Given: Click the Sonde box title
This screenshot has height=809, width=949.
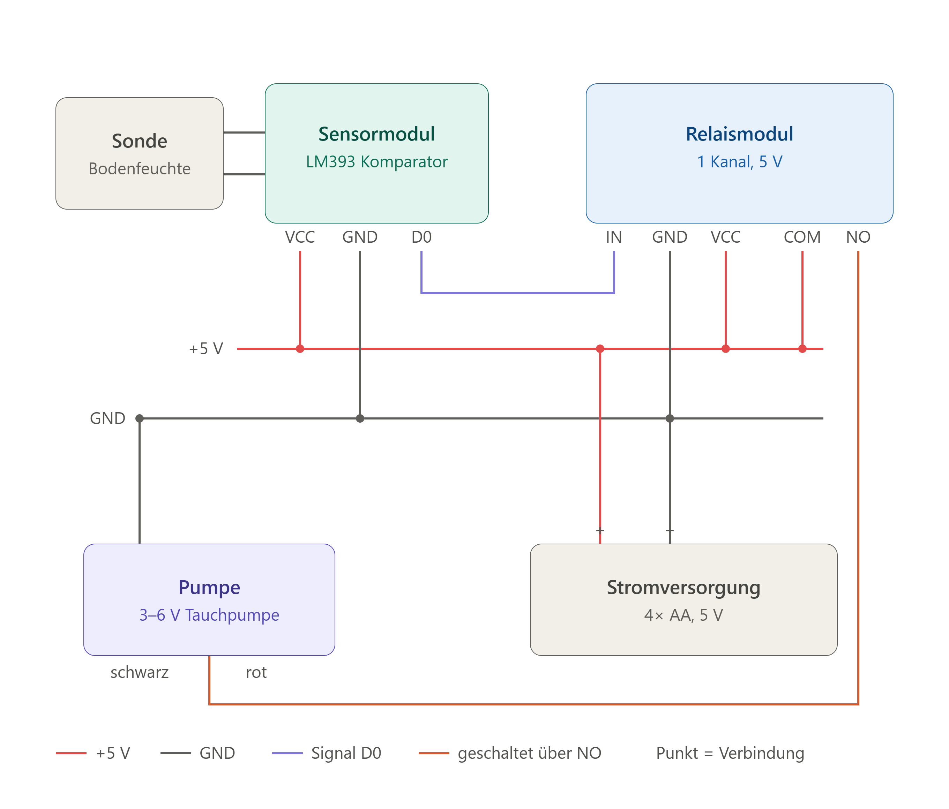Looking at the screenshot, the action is point(139,141).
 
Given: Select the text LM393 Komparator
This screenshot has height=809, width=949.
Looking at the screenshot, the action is point(376,161).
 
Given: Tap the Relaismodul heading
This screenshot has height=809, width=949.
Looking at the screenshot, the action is point(739,134).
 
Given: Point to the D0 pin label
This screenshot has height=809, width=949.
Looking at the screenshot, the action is point(421,237).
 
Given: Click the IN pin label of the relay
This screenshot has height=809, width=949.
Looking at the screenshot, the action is point(614,237).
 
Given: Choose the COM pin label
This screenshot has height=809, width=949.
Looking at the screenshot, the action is point(802,237).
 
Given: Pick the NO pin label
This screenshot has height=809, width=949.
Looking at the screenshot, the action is point(858,237).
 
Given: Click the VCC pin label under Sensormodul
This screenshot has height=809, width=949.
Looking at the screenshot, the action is point(300,237).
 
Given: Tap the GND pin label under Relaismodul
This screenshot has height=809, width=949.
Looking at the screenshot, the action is point(670,237).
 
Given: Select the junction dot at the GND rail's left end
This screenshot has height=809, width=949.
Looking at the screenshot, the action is point(140,418).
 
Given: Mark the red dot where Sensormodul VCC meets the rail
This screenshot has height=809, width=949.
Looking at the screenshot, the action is point(300,349).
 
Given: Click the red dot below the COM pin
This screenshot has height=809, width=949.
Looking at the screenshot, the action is point(802,349).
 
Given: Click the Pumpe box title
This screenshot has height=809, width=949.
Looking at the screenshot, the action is point(209,588).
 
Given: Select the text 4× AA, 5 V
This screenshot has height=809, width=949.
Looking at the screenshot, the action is point(683,615).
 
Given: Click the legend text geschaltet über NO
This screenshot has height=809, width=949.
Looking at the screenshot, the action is point(530,753).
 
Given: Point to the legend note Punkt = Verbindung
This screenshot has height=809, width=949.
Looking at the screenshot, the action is point(730,753).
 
